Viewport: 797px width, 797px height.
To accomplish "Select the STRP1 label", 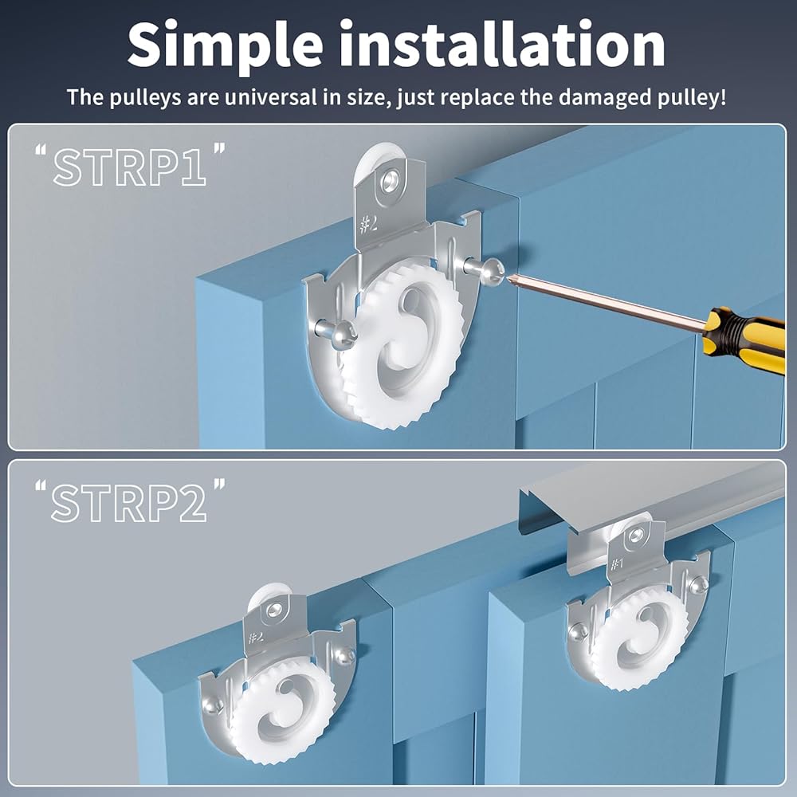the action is [x=130, y=166].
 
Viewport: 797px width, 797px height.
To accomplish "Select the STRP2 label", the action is [x=129, y=501].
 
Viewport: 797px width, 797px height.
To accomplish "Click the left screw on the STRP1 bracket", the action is [x=336, y=333].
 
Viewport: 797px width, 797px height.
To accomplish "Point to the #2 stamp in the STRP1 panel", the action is [x=368, y=223].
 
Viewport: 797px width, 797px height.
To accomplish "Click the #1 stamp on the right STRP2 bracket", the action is [x=617, y=563].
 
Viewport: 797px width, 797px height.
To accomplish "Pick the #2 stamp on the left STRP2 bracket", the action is [x=256, y=636].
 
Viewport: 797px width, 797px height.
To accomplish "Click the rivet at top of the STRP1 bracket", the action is [x=390, y=180].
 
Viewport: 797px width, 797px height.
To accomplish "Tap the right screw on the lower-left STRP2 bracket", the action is [x=344, y=656].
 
